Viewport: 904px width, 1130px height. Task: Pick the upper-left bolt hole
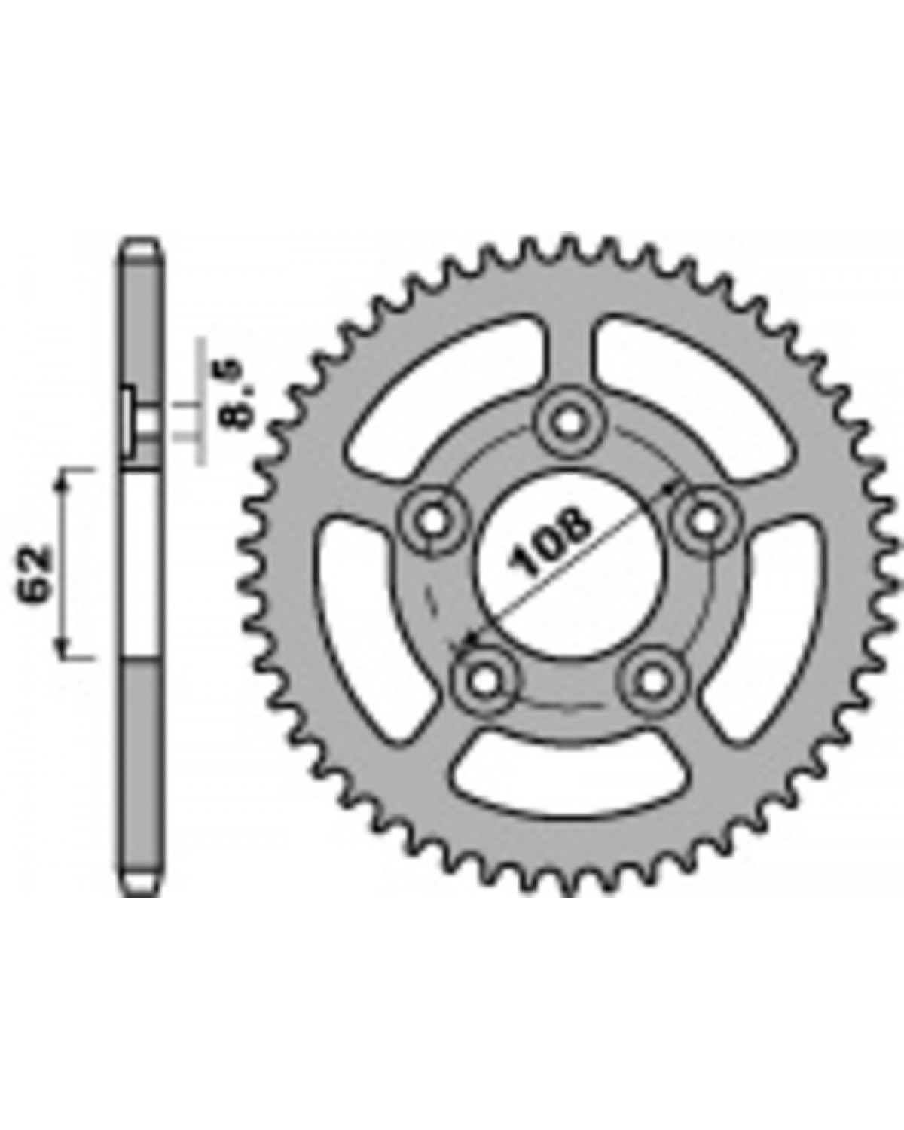[x=432, y=521]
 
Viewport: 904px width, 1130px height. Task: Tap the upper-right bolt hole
[x=704, y=521]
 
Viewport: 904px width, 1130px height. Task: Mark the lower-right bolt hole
[x=652, y=682]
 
